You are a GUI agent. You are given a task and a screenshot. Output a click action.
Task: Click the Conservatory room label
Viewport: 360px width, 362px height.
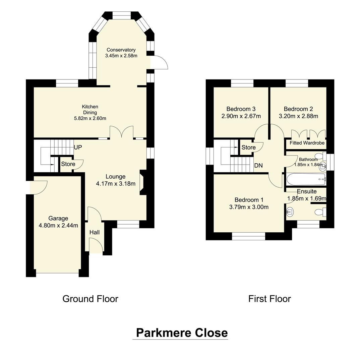click(121, 50)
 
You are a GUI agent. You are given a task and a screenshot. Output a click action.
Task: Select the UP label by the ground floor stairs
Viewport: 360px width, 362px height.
click(78, 147)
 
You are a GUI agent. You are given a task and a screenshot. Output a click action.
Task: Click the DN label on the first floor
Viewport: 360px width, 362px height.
click(258, 166)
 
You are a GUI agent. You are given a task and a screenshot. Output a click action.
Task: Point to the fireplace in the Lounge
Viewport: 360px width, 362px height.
click(142, 182)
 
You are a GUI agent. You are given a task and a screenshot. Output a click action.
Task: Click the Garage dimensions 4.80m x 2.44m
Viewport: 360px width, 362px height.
click(58, 225)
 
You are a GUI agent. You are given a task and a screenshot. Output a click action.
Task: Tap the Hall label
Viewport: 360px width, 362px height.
click(94, 232)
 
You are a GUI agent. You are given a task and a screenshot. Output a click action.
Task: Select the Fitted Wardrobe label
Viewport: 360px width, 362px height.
click(305, 143)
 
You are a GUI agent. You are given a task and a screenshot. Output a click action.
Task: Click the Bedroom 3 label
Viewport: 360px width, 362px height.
click(241, 109)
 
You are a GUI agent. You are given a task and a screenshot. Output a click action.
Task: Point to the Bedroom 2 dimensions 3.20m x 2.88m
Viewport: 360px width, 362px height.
click(298, 116)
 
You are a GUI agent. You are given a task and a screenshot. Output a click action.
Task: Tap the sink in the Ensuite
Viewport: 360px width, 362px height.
click(290, 212)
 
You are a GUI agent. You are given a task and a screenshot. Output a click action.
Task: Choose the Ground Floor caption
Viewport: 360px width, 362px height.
click(90, 299)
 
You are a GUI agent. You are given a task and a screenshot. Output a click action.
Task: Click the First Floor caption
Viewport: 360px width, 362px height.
click(269, 299)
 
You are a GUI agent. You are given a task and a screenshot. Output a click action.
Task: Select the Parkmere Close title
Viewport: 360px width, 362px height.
click(182, 333)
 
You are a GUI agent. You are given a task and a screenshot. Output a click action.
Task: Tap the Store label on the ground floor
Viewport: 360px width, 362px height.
click(68, 164)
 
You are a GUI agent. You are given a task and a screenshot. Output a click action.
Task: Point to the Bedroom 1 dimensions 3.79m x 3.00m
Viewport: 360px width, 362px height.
click(249, 207)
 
